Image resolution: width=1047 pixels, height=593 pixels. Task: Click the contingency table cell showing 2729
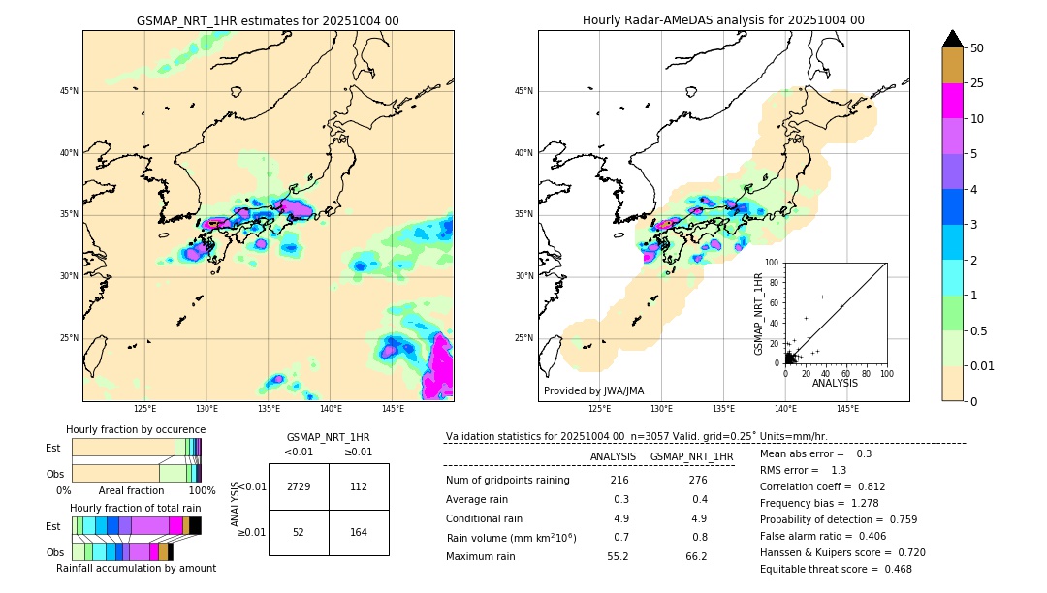299,486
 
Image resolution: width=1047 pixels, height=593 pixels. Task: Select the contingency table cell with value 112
359,486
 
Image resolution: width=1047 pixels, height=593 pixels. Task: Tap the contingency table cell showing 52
299,532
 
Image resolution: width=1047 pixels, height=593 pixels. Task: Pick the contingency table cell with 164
359,532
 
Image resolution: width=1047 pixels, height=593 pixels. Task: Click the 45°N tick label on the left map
69,91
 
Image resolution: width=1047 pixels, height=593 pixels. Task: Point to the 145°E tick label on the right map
848,409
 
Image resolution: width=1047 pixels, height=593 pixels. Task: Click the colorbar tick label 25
977,83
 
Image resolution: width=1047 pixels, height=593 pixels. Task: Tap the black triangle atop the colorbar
953,39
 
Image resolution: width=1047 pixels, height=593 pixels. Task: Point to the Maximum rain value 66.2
695,556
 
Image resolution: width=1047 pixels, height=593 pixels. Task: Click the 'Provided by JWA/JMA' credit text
593,390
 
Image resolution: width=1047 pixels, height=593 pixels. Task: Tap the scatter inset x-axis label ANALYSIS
835,384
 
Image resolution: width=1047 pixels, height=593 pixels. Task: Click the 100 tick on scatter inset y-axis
772,263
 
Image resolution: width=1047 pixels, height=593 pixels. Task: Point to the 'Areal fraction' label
131,490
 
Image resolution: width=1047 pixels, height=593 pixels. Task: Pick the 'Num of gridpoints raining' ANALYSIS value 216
619,481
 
